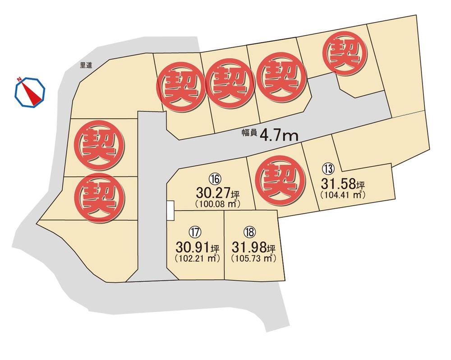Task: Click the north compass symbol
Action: pos(31,92)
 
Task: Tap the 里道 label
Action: pos(86,65)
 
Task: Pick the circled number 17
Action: pos(195,233)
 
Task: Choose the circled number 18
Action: pos(249,233)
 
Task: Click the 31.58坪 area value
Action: pos(342,184)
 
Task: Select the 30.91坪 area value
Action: pos(198,248)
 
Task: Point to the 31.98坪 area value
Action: pos(253,248)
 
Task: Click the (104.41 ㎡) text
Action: pos(341,195)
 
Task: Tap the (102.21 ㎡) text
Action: pos(197,259)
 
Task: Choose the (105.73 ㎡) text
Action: pos(253,259)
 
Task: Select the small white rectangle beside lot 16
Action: pos(170,211)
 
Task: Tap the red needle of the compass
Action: pos(32,92)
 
